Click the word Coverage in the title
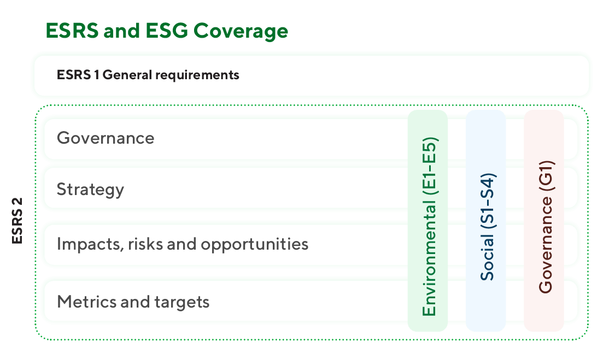click(241, 31)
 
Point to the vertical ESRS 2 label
click(17, 221)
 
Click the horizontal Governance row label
click(106, 138)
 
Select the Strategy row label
click(90, 190)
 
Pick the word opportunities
click(255, 245)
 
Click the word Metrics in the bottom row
click(87, 302)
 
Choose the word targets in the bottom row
click(181, 302)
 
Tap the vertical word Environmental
click(429, 258)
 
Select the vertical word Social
click(487, 257)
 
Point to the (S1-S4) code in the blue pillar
click(488, 201)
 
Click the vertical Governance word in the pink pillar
click(546, 244)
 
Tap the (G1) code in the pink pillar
click(546, 176)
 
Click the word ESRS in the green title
click(72, 31)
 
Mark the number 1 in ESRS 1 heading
click(96, 74)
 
